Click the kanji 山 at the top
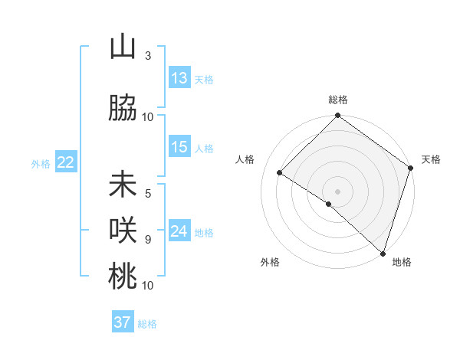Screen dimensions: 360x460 point(123,47)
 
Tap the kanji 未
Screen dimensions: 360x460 point(123,186)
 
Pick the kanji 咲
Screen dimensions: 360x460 point(123,230)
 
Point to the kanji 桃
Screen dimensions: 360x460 point(123,276)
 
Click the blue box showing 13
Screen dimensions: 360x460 point(179,78)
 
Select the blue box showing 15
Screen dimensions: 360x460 point(179,147)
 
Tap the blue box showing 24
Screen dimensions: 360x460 point(179,231)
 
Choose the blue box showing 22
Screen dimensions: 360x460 point(66,162)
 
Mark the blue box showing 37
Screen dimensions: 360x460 point(123,322)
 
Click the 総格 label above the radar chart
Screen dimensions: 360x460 point(337,100)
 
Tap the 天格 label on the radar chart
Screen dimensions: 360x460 point(431,159)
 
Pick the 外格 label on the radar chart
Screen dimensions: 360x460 point(270,262)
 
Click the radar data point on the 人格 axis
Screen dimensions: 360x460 point(280,173)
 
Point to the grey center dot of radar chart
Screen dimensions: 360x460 point(337,191)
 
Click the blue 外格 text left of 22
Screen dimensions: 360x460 point(40,163)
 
